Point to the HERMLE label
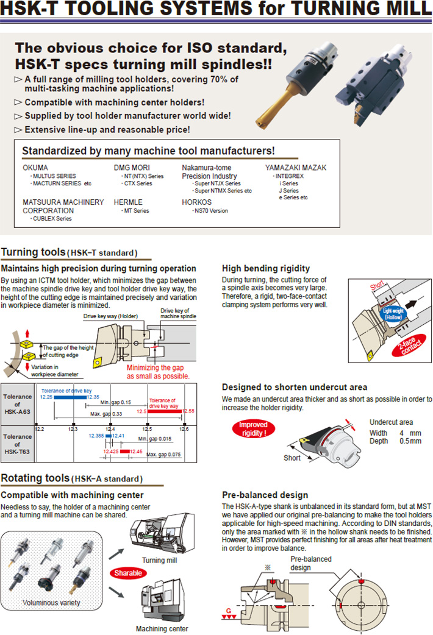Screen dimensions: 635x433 coord(129,202)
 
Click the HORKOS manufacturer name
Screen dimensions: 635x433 coord(197,202)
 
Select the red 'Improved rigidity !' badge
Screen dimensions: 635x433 coord(253,428)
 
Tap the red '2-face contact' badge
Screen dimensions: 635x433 coord(410,347)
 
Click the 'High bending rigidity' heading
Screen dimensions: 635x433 coord(265,268)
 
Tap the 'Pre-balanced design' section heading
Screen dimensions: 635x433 coord(265,495)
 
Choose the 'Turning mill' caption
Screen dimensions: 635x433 coord(159,560)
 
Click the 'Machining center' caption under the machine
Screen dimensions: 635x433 coord(162,628)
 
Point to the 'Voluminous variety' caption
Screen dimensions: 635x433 coord(51,603)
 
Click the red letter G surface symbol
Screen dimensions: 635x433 coord(228,610)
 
